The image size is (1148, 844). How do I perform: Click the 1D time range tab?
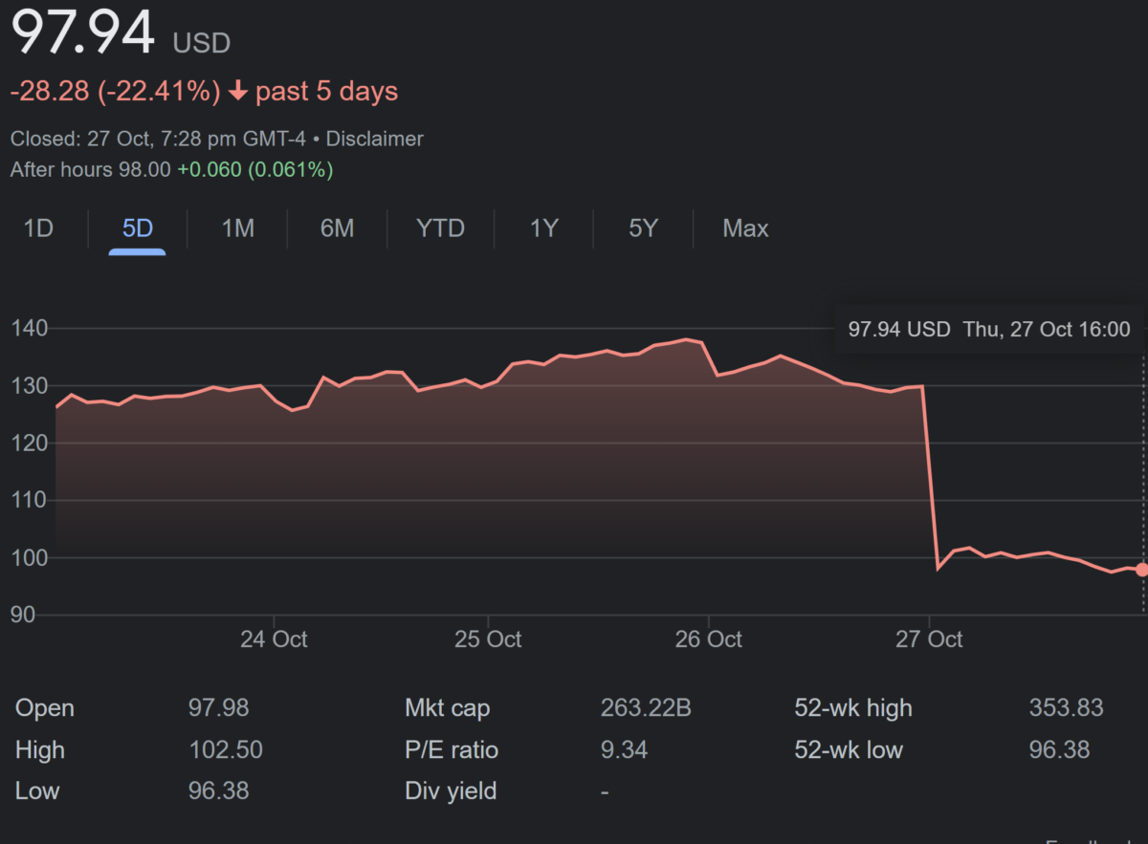[x=38, y=229]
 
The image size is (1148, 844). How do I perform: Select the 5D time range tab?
[x=138, y=229]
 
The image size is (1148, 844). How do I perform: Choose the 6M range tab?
[x=337, y=229]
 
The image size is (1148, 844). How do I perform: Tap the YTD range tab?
[x=440, y=229]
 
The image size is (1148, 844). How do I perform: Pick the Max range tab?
[x=745, y=229]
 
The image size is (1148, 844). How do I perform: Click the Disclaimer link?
[x=374, y=140]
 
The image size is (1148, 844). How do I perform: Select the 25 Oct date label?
[x=488, y=639]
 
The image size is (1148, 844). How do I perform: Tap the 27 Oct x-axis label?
[x=929, y=639]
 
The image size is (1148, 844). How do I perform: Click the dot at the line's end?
[x=1141, y=570]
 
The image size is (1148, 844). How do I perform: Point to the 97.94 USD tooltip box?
[x=988, y=330]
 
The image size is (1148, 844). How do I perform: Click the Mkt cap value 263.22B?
[x=646, y=708]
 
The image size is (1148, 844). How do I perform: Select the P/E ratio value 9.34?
[x=624, y=750]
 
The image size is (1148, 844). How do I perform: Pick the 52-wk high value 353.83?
[x=1066, y=708]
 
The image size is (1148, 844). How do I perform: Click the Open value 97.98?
[x=218, y=708]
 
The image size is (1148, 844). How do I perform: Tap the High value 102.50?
[x=226, y=750]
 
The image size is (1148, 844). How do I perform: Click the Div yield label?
[x=451, y=791]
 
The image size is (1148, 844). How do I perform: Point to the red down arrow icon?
[x=238, y=92]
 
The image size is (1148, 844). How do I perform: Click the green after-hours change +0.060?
[x=210, y=170]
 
